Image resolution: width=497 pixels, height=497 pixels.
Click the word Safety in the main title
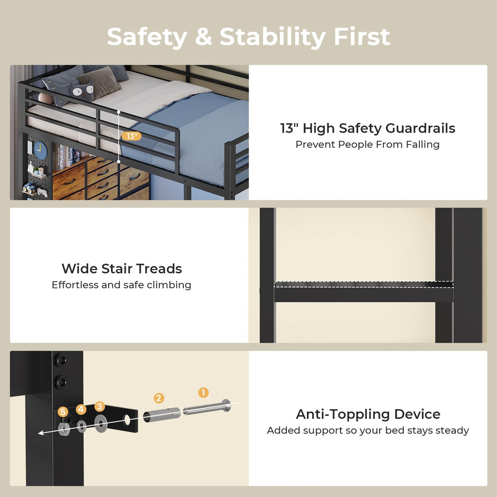pos(147,37)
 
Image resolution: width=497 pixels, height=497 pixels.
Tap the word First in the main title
pos(362,37)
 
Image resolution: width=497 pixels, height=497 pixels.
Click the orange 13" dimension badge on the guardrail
pos(131,136)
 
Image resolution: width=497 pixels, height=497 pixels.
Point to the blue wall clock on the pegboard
pos(40,150)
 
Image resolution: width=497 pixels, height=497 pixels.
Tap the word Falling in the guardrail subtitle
pos(423,145)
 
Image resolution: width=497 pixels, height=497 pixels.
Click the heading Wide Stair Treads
pos(122,268)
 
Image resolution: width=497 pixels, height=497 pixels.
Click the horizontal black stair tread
pos(364,292)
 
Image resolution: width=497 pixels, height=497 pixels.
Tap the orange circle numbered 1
pos(203,392)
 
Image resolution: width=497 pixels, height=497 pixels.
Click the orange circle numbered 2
pos(159,398)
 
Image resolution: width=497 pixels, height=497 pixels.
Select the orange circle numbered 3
pos(99,407)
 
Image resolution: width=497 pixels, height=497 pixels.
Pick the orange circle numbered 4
pos(81,409)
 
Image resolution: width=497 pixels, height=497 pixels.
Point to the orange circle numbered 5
pos(63,412)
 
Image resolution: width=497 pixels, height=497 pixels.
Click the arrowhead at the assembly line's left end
pos(41,433)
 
